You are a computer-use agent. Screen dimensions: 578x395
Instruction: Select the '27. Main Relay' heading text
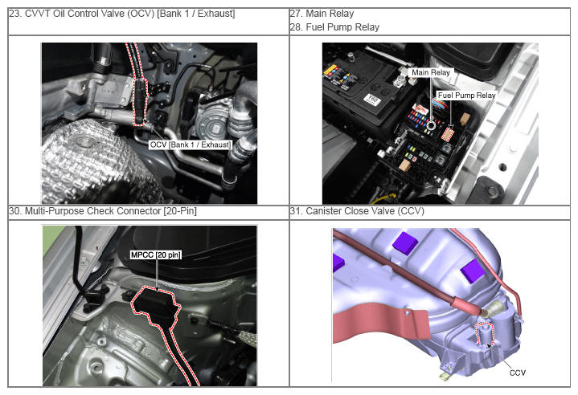pyautogui.click(x=322, y=14)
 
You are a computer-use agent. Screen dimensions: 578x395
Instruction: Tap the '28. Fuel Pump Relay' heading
pyautogui.click(x=334, y=26)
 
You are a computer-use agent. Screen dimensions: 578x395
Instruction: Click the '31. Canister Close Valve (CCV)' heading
pyautogui.click(x=357, y=211)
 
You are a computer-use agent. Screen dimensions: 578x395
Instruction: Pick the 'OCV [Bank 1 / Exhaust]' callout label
pyautogui.click(x=191, y=145)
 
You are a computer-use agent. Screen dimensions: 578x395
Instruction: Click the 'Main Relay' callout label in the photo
pyautogui.click(x=431, y=72)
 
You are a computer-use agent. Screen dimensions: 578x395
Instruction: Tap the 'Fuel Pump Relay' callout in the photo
pyautogui.click(x=466, y=96)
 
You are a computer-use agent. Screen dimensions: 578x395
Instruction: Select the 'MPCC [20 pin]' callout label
pyautogui.click(x=156, y=255)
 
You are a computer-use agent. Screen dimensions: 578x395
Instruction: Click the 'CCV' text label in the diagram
pyautogui.click(x=517, y=373)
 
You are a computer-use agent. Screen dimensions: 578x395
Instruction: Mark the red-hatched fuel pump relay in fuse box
pyautogui.click(x=448, y=134)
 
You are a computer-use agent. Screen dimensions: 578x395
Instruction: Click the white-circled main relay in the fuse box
pyautogui.click(x=431, y=125)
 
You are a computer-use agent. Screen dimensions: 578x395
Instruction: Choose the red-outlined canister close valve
pyautogui.click(x=485, y=334)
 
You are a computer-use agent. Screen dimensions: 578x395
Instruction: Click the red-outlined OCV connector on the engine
pyautogui.click(x=140, y=100)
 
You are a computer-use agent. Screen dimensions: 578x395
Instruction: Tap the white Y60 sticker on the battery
pyautogui.click(x=371, y=99)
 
